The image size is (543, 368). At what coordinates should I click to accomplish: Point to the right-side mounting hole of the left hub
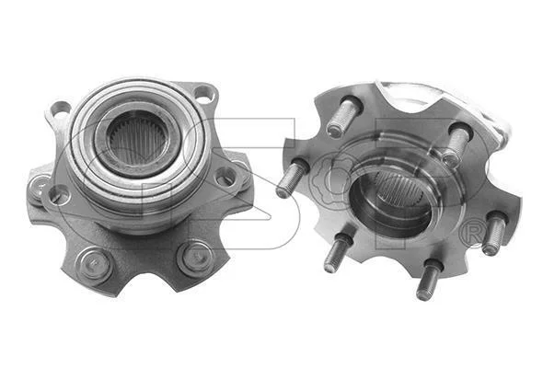[x=225, y=178]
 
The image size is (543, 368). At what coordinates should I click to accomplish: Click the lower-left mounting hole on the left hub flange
[x=60, y=195]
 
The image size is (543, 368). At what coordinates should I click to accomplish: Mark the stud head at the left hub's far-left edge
[x=38, y=190]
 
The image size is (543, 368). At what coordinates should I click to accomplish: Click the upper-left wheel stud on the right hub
[x=343, y=117]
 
